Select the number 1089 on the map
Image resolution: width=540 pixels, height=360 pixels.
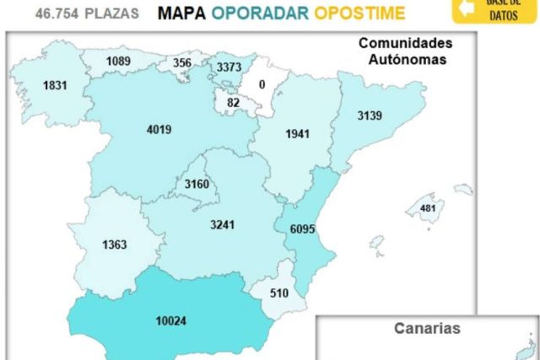click(119, 62)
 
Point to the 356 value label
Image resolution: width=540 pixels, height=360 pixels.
click(181, 62)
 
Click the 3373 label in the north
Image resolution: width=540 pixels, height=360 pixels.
click(228, 67)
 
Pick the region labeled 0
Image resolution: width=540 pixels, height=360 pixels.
click(262, 84)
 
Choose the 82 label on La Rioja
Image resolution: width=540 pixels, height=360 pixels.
click(233, 102)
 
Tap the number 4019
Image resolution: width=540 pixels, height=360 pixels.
click(159, 130)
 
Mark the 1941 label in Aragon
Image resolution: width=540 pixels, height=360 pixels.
click(298, 134)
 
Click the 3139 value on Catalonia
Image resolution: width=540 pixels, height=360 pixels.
click(370, 116)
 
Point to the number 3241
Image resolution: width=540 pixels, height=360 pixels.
click(223, 224)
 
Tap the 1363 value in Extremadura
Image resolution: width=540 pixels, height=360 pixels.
click(114, 245)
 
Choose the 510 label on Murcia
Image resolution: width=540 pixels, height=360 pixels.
click(278, 294)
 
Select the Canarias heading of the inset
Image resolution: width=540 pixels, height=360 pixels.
click(427, 329)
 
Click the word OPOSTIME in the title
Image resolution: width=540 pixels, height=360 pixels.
click(359, 13)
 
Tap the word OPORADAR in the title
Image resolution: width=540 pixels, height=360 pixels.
click(260, 13)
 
